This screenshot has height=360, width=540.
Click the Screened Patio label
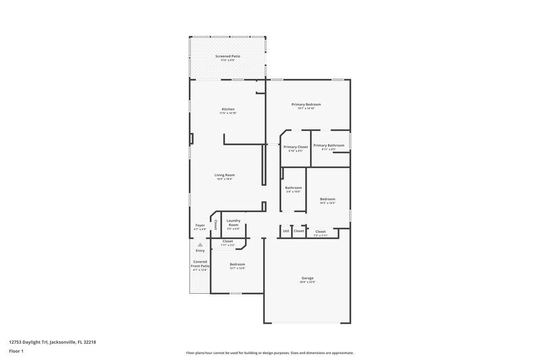tap(227, 56)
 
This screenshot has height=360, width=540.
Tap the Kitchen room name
tap(228, 109)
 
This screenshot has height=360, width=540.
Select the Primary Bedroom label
tap(306, 104)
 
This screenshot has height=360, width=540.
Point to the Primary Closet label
tap(296, 147)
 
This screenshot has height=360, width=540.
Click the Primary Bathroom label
tap(329, 145)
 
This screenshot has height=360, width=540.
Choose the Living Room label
tap(225, 175)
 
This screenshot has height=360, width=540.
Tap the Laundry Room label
tap(234, 222)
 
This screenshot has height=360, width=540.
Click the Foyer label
tap(200, 225)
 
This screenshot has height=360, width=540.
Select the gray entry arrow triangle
tap(200, 245)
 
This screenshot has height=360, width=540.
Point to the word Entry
tap(200, 251)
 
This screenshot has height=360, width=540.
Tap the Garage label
tap(307, 278)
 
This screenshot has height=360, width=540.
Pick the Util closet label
tap(286, 232)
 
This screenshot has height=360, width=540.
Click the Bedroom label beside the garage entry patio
tap(237, 264)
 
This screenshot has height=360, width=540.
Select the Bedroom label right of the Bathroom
tap(327, 199)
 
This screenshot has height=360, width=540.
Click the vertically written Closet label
tap(215, 223)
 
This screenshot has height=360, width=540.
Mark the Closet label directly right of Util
tap(299, 232)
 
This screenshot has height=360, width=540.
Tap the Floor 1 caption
tap(16, 352)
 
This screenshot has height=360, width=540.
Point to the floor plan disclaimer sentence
tap(269, 353)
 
